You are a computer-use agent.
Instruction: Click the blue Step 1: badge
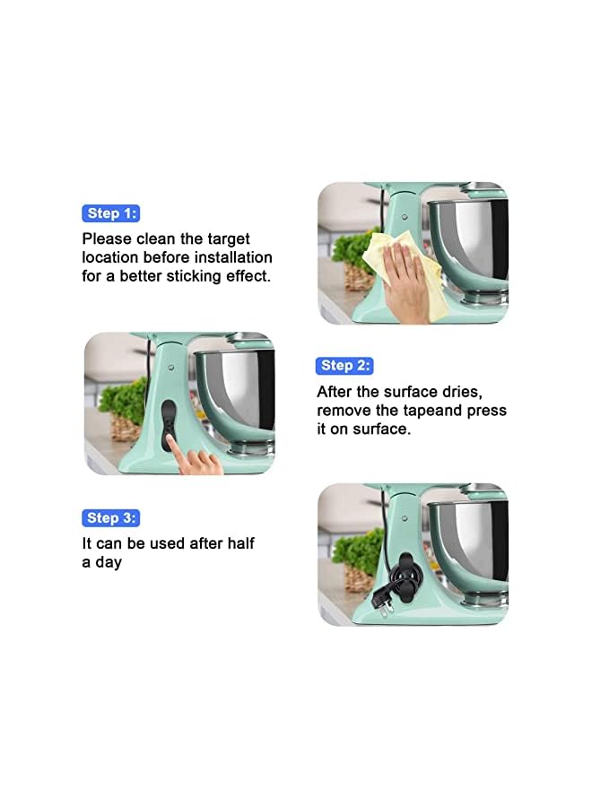(x=111, y=213)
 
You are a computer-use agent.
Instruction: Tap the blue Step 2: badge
(x=344, y=365)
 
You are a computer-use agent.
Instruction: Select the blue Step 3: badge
(x=111, y=517)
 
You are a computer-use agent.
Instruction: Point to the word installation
(x=230, y=258)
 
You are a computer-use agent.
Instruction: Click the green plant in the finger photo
(x=122, y=403)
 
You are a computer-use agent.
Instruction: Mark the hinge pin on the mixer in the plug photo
(x=405, y=518)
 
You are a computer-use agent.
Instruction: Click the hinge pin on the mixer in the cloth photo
(x=405, y=217)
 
